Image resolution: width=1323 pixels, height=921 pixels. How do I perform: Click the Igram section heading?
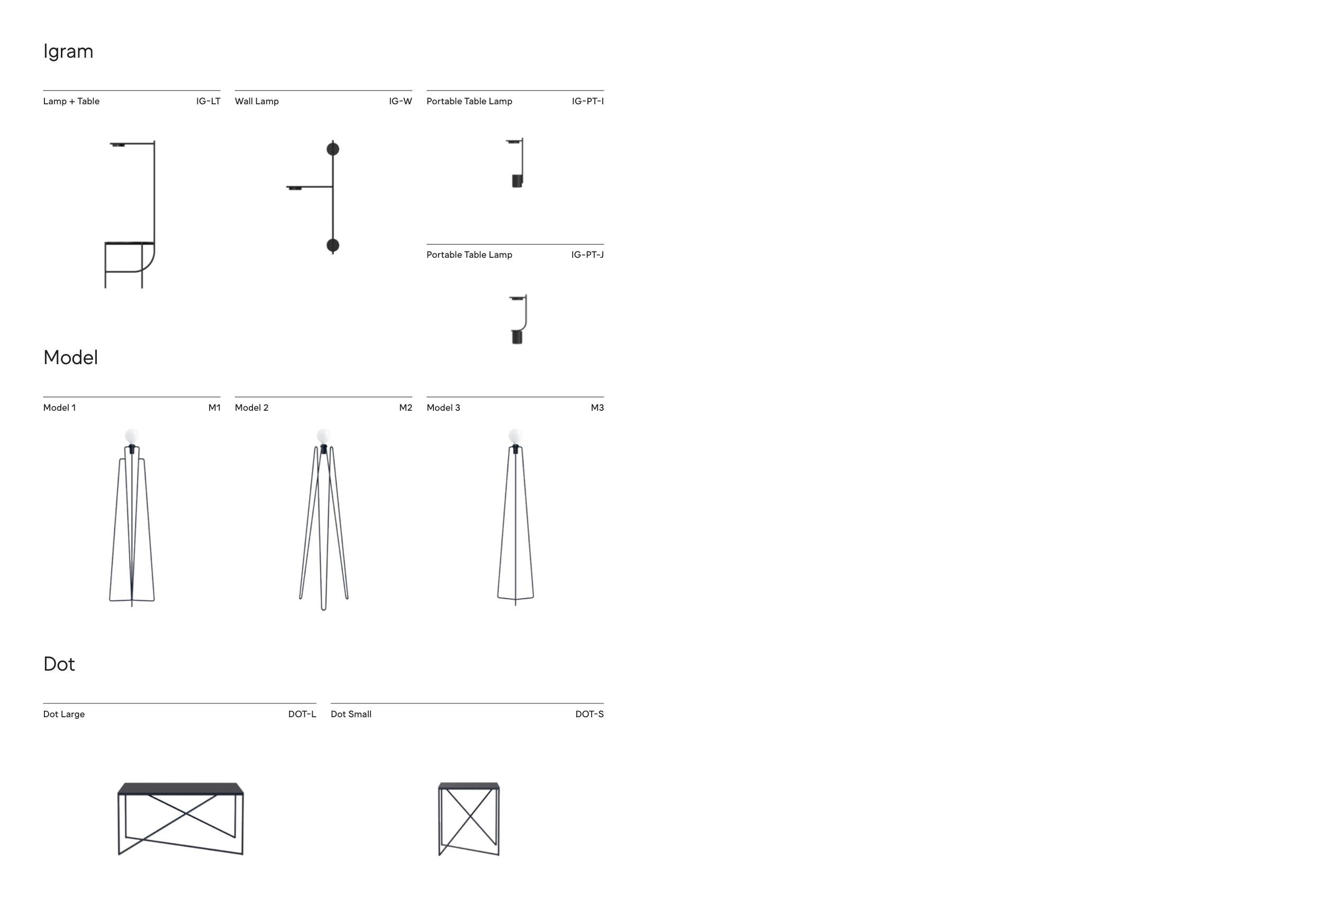tap(68, 52)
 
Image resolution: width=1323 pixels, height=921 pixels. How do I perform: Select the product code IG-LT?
tap(208, 102)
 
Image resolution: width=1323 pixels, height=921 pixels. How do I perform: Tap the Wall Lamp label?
tap(257, 102)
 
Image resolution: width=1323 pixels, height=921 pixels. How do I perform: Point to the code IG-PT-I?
tap(588, 102)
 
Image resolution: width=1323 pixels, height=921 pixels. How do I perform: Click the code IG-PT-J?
tap(587, 255)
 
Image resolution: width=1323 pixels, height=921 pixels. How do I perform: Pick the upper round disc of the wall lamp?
tap(332, 149)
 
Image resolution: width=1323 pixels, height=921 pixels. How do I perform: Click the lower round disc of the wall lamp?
tap(332, 246)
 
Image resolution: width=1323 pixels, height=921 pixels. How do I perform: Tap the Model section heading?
tap(70, 357)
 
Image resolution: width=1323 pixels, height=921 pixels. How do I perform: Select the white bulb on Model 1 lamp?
tap(132, 436)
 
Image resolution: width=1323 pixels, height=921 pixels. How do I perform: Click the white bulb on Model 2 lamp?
tap(324, 436)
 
